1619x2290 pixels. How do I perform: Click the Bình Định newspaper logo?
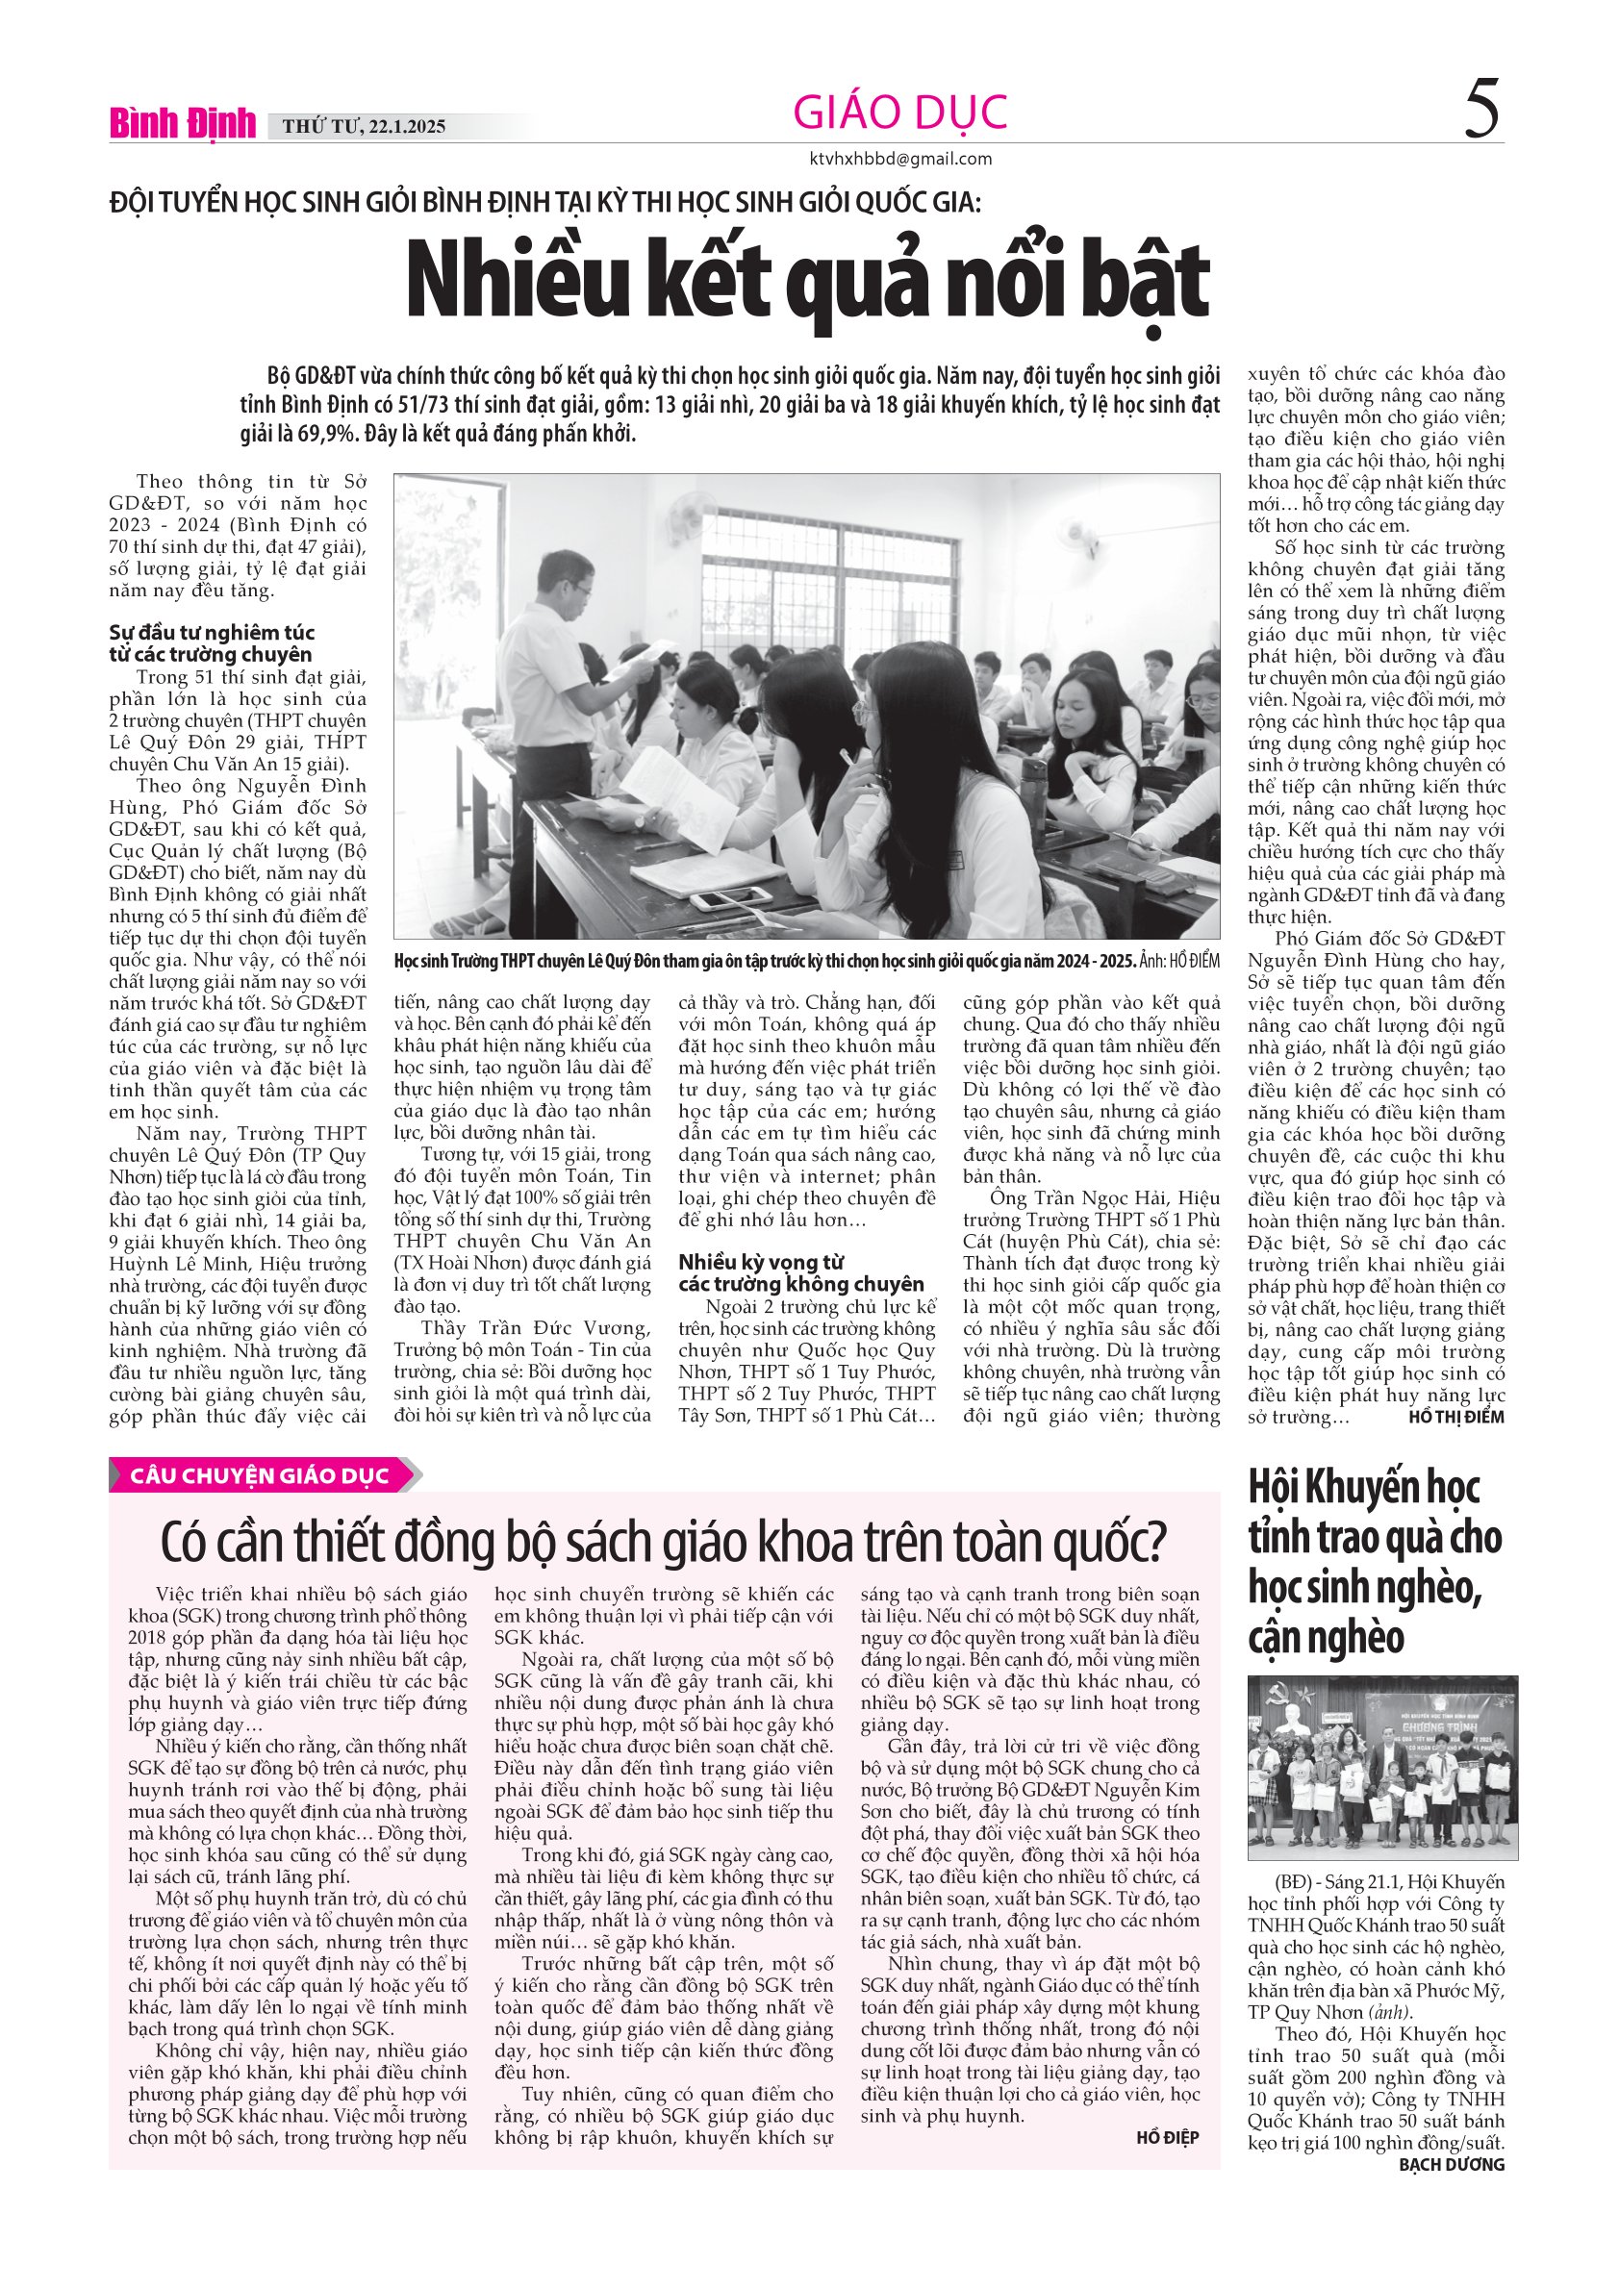(x=183, y=124)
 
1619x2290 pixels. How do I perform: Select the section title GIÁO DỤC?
(x=898, y=112)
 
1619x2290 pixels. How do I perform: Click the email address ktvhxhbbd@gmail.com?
(x=899, y=159)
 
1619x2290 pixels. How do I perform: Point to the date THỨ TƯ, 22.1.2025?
(x=363, y=127)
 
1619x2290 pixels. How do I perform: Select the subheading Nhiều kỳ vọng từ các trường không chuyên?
(x=801, y=1273)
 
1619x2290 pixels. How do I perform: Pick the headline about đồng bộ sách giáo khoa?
(x=663, y=1543)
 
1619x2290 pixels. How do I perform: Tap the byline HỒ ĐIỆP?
(x=1167, y=2137)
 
